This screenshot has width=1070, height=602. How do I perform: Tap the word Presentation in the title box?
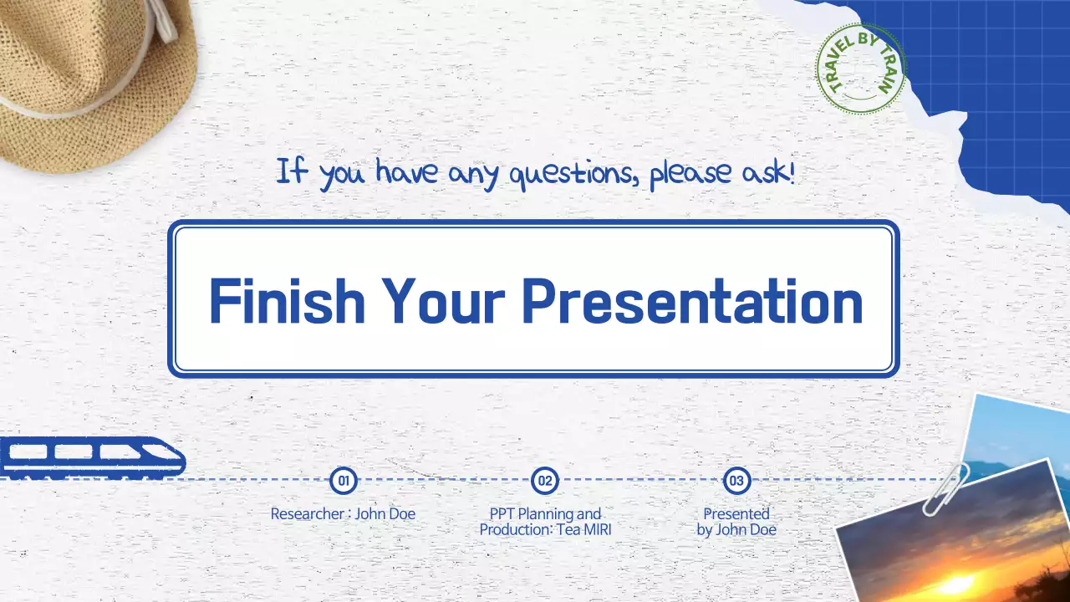[692, 302]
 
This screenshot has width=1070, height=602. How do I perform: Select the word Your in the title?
[443, 302]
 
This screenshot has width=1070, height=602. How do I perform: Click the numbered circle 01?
[344, 480]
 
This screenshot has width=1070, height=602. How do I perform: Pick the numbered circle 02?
[545, 480]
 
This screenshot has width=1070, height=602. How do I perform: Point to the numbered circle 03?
[736, 480]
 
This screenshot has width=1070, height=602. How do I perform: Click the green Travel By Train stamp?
[861, 69]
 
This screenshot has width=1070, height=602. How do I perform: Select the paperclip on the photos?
[945, 489]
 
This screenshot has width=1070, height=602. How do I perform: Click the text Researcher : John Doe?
[343, 513]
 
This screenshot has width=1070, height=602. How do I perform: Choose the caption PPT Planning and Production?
[545, 521]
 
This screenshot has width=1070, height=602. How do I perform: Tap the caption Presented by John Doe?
[736, 521]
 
